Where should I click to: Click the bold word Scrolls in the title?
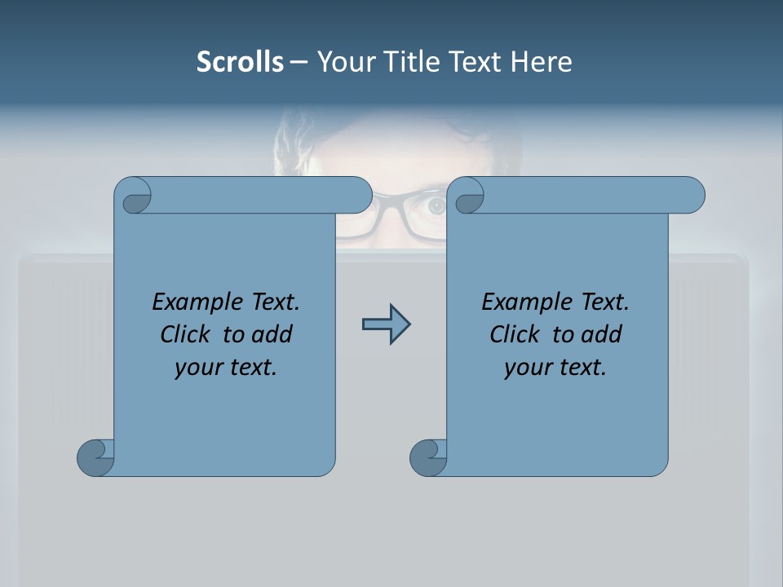pos(240,62)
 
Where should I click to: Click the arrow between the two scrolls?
pos(386,324)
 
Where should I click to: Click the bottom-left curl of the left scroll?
pos(95,457)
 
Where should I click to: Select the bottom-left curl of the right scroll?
pos(428,457)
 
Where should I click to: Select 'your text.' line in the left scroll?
pos(226,367)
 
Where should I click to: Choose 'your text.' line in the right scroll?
pos(555,367)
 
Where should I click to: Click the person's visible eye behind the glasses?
pos(436,205)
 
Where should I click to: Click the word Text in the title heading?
pos(476,62)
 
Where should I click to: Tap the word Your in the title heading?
pos(343,62)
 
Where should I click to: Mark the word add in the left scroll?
pos(272,334)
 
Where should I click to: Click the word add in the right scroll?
pos(601,334)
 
